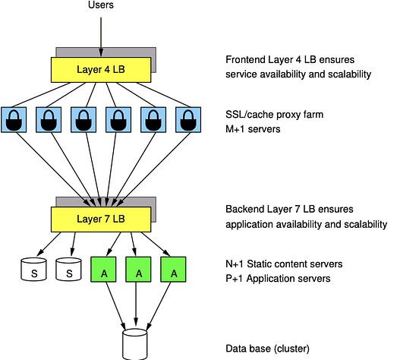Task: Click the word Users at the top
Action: [x=100, y=7]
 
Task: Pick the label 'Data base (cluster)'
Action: [x=268, y=349]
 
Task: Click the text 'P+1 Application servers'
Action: [x=278, y=278]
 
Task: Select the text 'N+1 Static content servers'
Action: [x=284, y=264]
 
